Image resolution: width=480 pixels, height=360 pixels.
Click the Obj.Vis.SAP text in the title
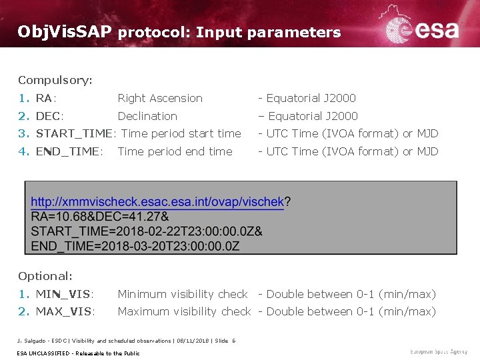65,32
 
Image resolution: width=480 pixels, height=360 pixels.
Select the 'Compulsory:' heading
55,81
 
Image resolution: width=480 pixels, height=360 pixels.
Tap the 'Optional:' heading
45,276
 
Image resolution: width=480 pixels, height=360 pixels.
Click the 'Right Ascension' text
160,99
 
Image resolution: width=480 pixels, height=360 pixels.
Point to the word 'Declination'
147,116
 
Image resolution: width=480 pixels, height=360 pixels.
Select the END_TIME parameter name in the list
69,151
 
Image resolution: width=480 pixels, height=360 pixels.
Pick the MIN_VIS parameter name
65,294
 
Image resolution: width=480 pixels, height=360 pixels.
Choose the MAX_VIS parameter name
65,311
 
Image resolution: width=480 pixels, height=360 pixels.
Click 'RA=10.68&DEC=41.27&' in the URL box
100,216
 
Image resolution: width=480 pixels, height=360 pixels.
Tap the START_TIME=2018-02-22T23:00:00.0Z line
147,231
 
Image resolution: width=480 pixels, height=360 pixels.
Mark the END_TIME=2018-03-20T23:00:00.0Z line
135,245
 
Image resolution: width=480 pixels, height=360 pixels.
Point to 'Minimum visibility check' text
183,294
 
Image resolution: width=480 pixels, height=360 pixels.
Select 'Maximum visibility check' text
184,311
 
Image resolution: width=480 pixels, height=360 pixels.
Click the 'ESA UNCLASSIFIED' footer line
79,353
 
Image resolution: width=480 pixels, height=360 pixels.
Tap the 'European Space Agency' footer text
439,351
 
